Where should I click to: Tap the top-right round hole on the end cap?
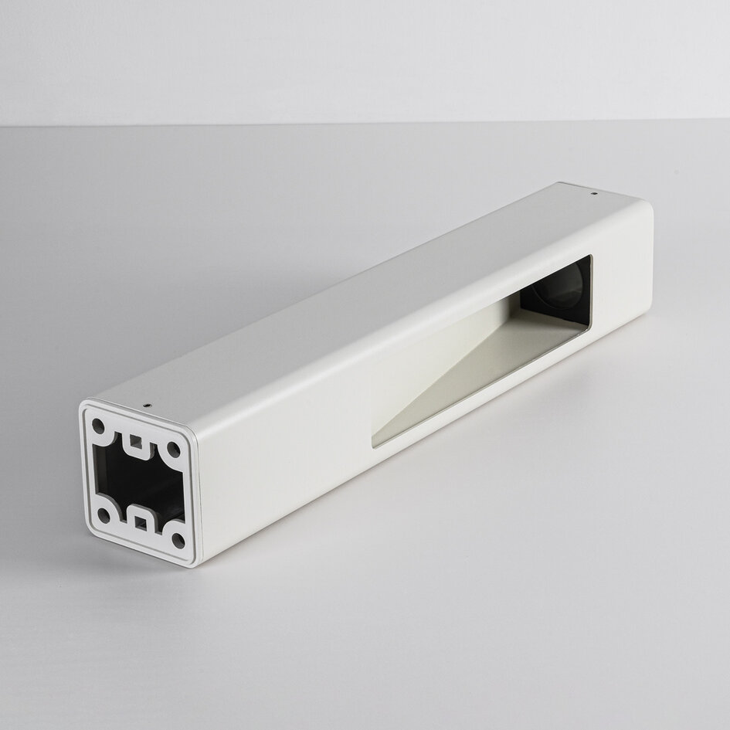point(174,449)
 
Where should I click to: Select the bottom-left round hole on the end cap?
point(103,514)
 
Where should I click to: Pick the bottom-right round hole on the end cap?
point(178,540)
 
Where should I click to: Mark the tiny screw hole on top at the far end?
point(593,193)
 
